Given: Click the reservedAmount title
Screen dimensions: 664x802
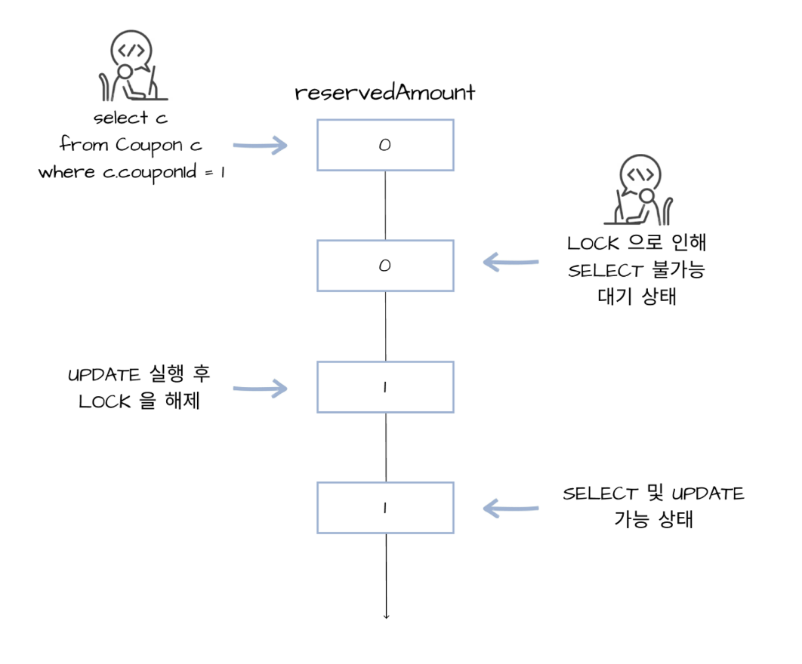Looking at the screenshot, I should pos(385,93).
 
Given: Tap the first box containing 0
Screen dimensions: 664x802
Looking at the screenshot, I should pos(385,145).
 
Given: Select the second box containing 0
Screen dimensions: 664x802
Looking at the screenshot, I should pos(385,266).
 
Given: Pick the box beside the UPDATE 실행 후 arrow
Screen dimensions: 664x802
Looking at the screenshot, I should pos(385,387).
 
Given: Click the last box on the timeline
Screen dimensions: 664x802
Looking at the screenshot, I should pos(385,508).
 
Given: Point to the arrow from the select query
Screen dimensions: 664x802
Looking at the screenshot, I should pos(261,145).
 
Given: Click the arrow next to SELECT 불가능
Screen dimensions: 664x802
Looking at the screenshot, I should pos(511,263).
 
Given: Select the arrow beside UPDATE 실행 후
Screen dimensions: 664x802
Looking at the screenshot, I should pos(261,389).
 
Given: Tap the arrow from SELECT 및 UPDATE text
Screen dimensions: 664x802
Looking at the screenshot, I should pos(511,508).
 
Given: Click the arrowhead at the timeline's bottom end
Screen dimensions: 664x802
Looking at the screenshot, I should pos(386,616).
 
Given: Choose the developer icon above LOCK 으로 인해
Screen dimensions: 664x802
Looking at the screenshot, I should pos(641,192).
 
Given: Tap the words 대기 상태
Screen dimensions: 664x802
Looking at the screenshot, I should pos(636,297).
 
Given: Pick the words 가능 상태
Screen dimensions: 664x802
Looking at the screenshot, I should pos(654,520).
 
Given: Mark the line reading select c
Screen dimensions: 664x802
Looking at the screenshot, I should pos(130,118).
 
